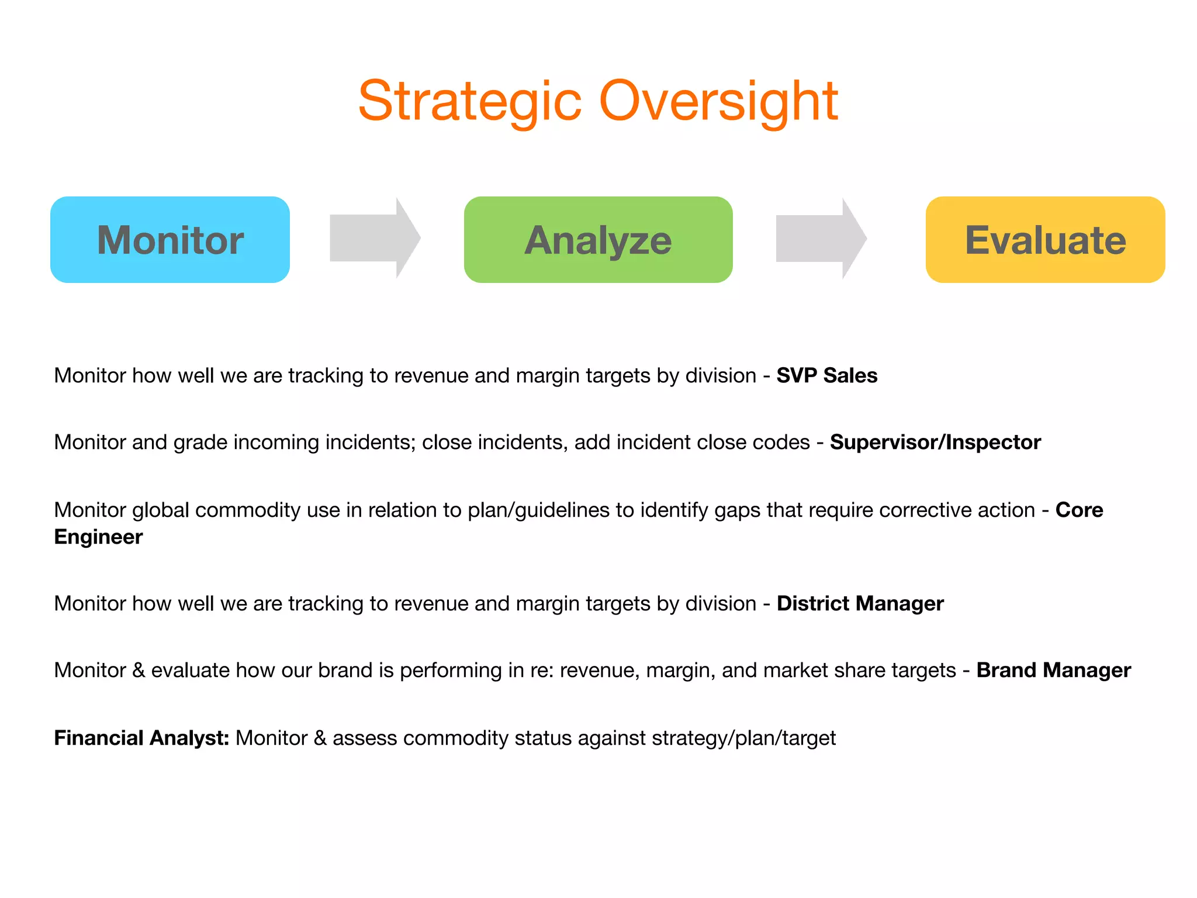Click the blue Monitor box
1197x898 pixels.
(169, 240)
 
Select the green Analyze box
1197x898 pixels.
(598, 240)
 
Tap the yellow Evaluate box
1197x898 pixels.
(1045, 240)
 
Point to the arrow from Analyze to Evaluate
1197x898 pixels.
(821, 238)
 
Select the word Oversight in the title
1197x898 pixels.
(719, 102)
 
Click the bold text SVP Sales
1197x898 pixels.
(826, 375)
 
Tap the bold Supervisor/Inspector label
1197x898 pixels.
(935, 443)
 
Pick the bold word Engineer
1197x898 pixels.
(98, 537)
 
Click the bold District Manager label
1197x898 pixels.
(860, 603)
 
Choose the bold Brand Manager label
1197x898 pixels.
(1053, 670)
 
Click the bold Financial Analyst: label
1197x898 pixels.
(141, 738)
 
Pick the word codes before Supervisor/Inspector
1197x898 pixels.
(781, 443)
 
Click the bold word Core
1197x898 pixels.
(1079, 510)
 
